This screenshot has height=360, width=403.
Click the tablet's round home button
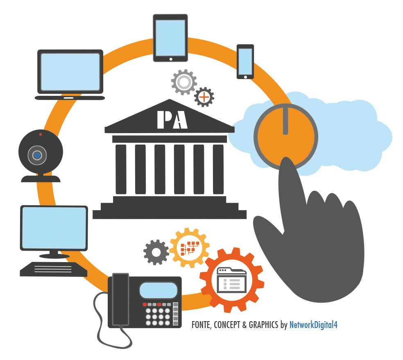click(171, 59)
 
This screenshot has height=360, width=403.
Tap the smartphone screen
click(245, 61)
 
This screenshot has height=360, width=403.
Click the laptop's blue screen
click(70, 72)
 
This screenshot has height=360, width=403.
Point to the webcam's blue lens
click(37, 155)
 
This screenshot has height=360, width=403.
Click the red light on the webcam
click(41, 134)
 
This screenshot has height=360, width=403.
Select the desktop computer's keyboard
click(54, 269)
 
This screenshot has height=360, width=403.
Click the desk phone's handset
click(120, 299)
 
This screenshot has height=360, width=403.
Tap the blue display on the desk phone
click(158, 290)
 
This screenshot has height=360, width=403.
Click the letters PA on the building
click(172, 120)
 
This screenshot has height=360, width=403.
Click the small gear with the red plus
click(204, 97)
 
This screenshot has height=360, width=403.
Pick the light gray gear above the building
click(184, 82)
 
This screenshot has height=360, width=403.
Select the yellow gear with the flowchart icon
click(190, 248)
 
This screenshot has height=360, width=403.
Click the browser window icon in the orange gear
click(232, 280)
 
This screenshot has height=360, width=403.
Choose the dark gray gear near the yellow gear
click(156, 252)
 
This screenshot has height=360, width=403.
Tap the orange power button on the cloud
click(286, 137)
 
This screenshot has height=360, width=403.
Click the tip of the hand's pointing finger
click(286, 158)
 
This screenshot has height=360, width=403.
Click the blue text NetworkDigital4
click(313, 325)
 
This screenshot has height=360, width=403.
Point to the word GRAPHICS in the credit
click(263, 325)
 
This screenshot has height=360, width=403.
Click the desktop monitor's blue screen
click(54, 228)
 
